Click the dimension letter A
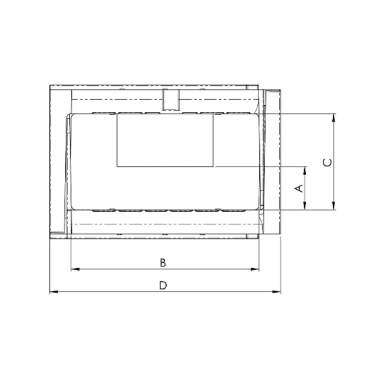click(298, 189)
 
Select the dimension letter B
click(162, 262)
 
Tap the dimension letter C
click(327, 162)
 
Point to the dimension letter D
click(162, 285)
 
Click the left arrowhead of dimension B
click(74, 268)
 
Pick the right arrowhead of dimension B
click(257, 268)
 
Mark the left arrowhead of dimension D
click(52, 292)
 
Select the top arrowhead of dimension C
click(334, 117)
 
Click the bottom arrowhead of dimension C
click(334, 207)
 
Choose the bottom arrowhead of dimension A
click(305, 207)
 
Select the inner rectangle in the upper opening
click(165, 141)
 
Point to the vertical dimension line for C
click(334, 182)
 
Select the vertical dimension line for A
click(305, 198)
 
